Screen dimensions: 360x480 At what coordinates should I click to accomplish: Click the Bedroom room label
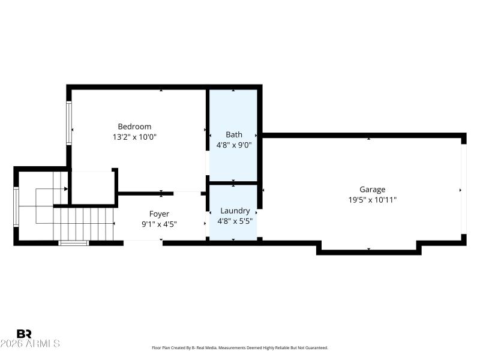click(134, 127)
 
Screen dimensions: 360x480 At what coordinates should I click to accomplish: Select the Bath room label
click(233, 134)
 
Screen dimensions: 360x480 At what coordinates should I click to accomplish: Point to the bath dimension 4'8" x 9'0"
click(233, 145)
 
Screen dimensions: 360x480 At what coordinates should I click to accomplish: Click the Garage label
click(372, 190)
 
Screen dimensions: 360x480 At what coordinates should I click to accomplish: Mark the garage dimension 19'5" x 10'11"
click(372, 200)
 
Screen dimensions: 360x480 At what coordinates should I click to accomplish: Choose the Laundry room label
click(235, 211)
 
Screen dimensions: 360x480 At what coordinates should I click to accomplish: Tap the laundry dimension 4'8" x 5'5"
click(235, 221)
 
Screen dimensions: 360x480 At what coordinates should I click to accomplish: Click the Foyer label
click(159, 214)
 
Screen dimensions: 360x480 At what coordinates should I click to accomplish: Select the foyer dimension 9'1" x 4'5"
click(159, 224)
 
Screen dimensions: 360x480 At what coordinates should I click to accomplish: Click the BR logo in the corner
click(24, 334)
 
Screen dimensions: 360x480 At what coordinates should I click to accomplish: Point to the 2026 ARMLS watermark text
click(30, 344)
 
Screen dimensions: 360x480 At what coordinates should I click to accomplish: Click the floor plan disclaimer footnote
click(240, 348)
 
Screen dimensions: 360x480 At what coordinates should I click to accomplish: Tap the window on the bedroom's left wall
click(69, 123)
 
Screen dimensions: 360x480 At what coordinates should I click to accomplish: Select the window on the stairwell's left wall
click(16, 207)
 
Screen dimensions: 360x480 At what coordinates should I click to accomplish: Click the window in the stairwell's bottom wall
click(73, 243)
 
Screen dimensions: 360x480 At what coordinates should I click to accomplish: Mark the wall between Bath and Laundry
click(233, 182)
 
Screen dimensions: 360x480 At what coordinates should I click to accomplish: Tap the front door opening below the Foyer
click(143, 242)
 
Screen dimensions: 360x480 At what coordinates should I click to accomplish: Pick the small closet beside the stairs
click(92, 187)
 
